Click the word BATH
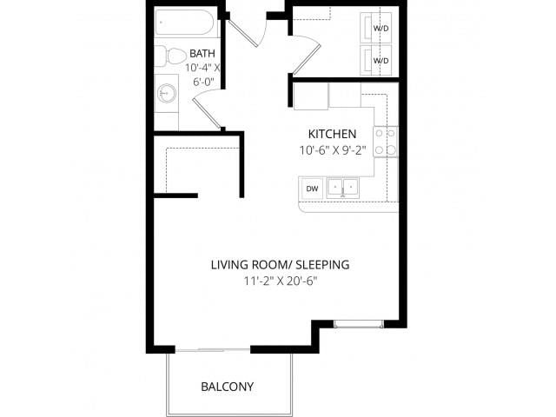pos(202,52)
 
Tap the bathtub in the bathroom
pos(184,23)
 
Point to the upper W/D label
pos(381,28)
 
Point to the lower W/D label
pos(381,61)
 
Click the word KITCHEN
pos(332,134)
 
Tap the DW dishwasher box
pos(311,188)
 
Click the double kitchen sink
pos(343,188)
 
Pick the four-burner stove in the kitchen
pos(386,142)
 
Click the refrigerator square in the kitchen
pos(310,96)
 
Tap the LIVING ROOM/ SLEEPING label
pos(280,264)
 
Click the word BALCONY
pos(228,387)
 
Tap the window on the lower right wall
pos(358,325)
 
